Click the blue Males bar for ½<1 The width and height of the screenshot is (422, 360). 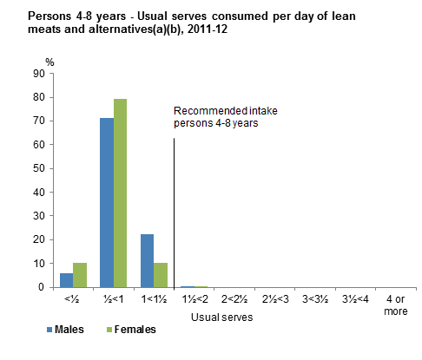coord(107,202)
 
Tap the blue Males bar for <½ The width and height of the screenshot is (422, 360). coord(65,279)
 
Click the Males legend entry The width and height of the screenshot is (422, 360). coord(66,330)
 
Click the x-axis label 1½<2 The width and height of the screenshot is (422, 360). coord(194,300)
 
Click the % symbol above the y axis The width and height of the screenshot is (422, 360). coord(49,62)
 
